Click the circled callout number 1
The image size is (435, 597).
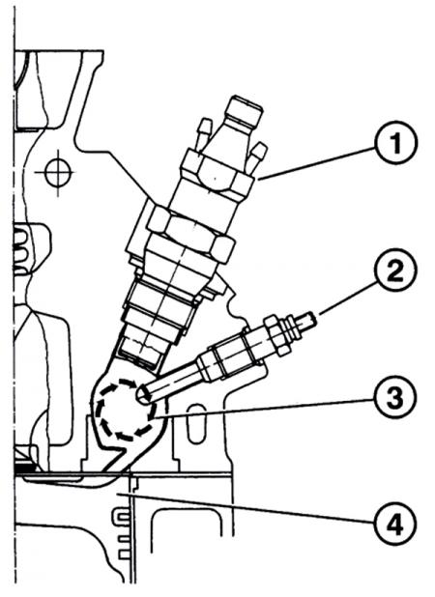(395, 144)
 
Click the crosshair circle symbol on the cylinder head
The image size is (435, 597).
(58, 173)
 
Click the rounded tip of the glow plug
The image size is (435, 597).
(142, 394)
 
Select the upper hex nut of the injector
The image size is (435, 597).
(217, 176)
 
